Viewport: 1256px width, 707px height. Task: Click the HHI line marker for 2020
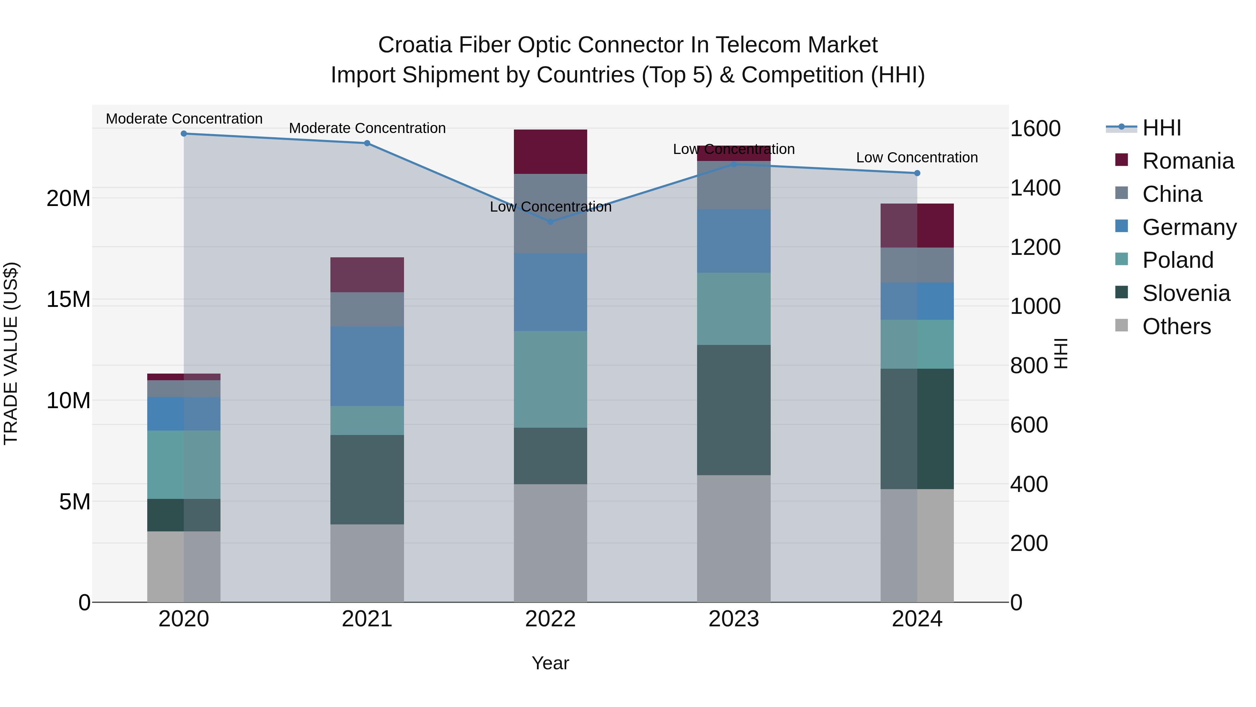(x=184, y=134)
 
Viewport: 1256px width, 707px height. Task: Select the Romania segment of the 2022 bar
(x=551, y=152)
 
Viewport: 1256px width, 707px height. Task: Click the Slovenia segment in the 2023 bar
(x=733, y=410)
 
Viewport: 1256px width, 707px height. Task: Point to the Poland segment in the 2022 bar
(x=551, y=380)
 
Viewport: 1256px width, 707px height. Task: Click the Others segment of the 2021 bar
(x=367, y=563)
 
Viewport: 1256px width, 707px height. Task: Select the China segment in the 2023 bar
(x=733, y=185)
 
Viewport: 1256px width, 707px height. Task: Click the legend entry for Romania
(x=1188, y=161)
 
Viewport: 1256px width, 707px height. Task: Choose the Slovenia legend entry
(x=1186, y=293)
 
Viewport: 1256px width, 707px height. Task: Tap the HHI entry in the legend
(x=1161, y=128)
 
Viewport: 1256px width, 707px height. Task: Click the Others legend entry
(x=1176, y=326)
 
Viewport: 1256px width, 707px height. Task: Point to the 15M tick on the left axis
(x=68, y=299)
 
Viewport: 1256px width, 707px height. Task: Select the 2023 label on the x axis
(x=733, y=619)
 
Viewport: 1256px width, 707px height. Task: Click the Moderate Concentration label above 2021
(x=367, y=128)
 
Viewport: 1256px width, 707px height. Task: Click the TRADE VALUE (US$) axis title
(x=11, y=353)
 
